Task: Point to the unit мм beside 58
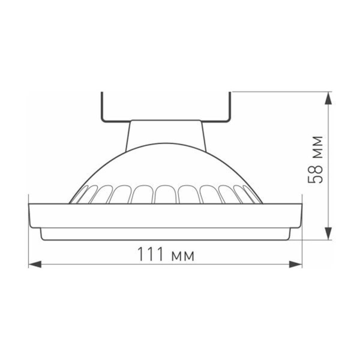(x=316, y=146)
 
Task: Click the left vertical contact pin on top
(x=102, y=106)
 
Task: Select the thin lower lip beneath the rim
(x=165, y=235)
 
